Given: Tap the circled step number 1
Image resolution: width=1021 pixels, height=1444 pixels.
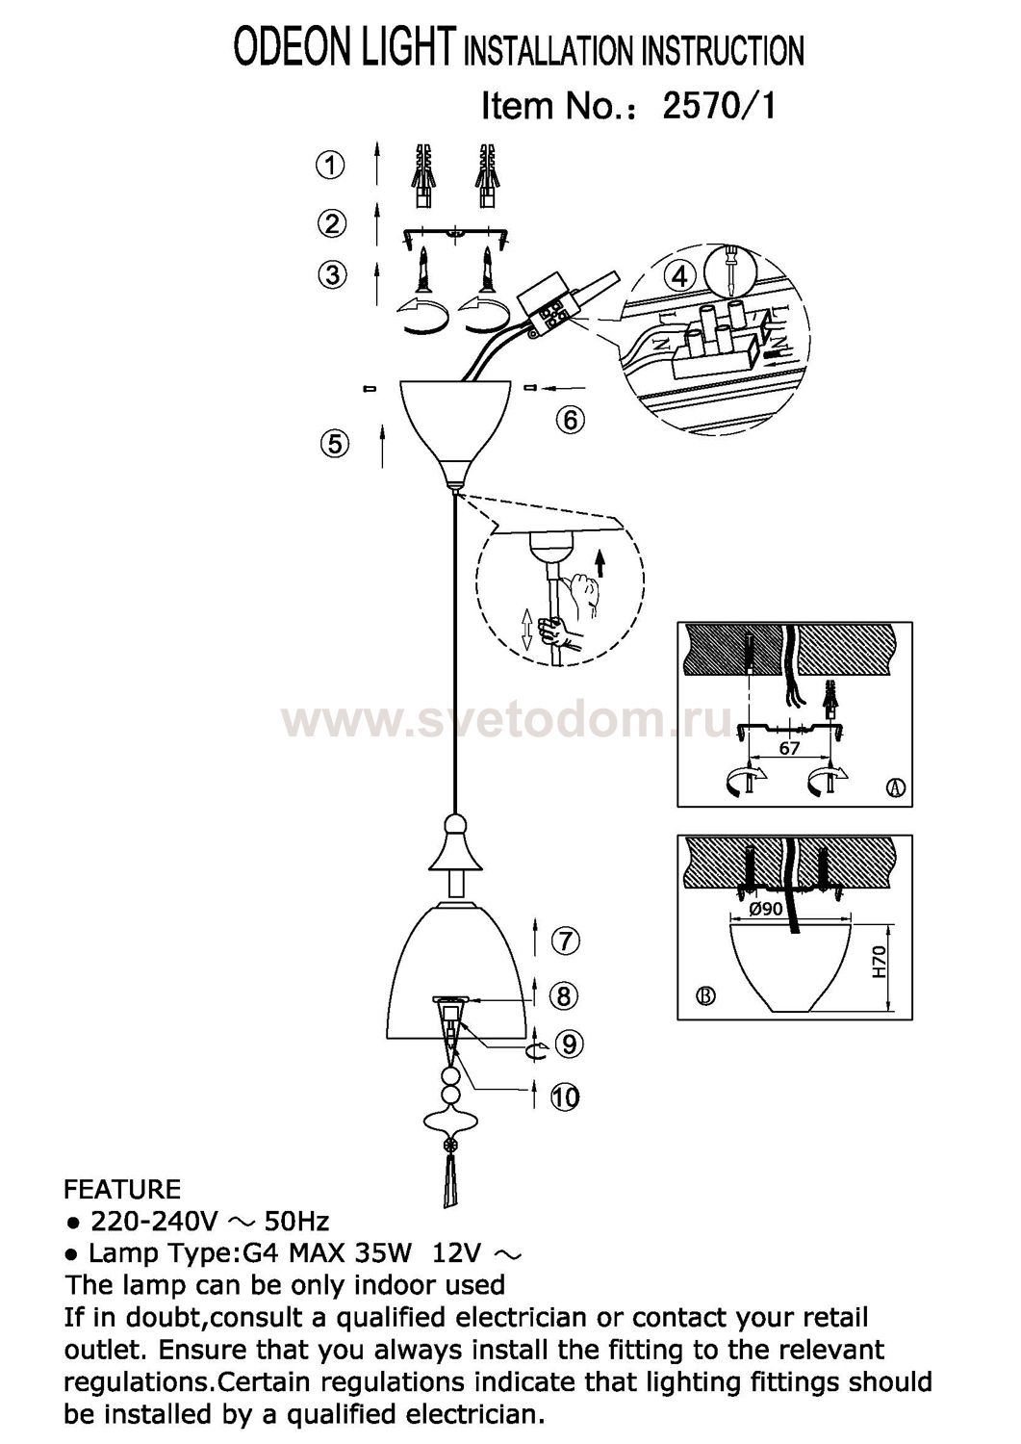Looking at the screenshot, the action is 330,166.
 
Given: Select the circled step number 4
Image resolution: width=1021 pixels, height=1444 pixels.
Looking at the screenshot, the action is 679,277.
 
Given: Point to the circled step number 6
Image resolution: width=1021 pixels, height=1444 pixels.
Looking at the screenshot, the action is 571,421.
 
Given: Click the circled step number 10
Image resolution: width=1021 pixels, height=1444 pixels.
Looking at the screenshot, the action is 565,1096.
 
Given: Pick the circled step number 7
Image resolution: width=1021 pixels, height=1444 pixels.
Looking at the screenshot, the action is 565,941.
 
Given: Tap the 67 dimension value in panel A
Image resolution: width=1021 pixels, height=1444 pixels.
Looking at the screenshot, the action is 789,748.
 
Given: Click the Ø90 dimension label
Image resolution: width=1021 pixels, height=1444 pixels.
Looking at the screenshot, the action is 766,909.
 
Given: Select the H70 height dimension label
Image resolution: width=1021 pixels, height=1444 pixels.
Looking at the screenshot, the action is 880,963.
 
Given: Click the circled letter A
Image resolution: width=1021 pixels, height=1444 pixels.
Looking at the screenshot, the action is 896,787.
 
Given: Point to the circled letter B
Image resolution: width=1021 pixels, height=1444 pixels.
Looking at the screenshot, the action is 706,996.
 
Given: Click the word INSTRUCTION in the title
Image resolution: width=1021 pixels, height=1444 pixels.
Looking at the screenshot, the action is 723,51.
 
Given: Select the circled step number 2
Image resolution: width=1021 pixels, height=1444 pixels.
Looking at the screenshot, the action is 332,223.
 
